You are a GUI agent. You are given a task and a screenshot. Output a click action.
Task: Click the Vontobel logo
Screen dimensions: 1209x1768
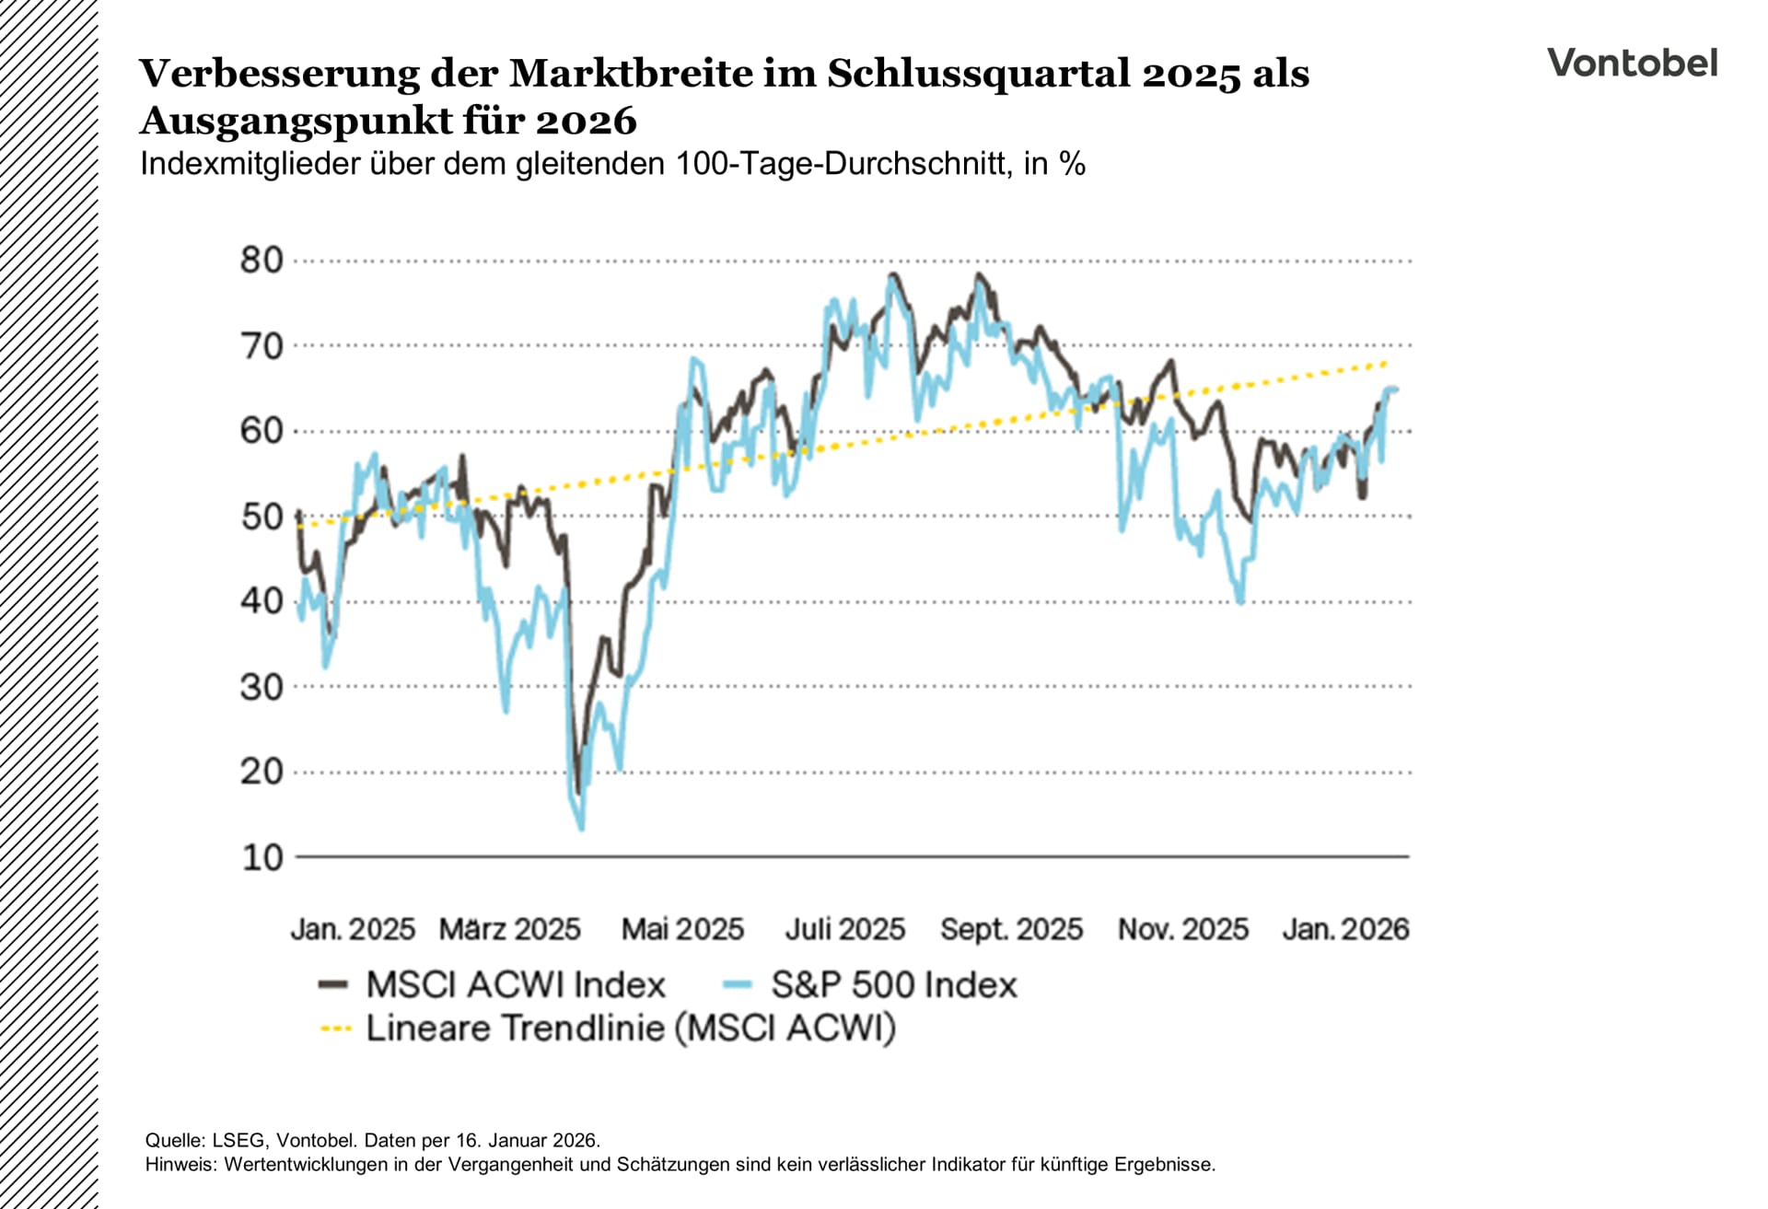tap(1632, 64)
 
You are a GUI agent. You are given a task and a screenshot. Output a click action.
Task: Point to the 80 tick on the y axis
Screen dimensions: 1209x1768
tap(262, 261)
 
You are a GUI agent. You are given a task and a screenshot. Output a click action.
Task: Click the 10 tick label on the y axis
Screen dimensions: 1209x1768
tap(262, 857)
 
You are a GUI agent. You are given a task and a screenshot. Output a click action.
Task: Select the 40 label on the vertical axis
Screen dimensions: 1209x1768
tap(262, 601)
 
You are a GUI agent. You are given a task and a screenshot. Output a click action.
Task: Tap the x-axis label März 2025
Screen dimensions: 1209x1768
tap(509, 929)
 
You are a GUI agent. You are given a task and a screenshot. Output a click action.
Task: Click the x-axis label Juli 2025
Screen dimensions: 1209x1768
tap(844, 929)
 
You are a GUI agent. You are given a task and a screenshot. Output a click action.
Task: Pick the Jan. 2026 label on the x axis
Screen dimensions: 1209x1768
tap(1345, 929)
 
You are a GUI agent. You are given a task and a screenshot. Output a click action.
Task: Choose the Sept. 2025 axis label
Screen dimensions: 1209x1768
tap(1011, 929)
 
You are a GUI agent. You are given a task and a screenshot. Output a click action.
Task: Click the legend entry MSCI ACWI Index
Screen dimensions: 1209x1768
tap(515, 985)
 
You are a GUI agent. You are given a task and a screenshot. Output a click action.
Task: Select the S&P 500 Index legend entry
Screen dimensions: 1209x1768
tap(893, 985)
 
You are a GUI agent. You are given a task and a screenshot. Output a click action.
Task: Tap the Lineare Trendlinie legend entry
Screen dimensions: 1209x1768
tap(630, 1029)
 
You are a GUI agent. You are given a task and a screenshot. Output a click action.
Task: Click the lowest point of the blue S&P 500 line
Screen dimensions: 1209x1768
tap(581, 829)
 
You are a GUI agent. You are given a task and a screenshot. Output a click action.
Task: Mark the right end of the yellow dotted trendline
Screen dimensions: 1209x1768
tap(1386, 363)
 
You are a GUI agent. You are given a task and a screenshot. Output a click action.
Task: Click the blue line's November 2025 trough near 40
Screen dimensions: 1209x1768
tap(1240, 602)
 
